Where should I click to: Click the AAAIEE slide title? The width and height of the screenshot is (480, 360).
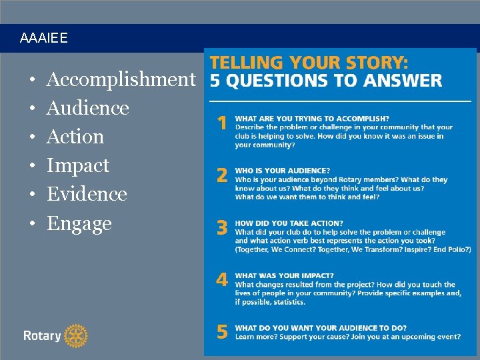click(x=44, y=39)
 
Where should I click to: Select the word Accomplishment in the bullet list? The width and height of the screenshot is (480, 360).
click(x=121, y=80)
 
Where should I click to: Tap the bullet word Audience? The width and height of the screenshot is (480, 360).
click(x=87, y=108)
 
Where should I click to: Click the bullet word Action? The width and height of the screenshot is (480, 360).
click(x=75, y=137)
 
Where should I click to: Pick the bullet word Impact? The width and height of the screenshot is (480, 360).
click(x=77, y=165)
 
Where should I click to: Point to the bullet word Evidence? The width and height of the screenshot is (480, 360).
click(x=87, y=194)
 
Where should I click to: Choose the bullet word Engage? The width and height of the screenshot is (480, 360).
click(x=79, y=223)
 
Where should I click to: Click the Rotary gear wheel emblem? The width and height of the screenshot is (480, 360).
click(x=76, y=336)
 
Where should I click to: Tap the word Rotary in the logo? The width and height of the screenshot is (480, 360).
click(x=42, y=336)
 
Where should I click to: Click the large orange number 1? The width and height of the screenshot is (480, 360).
click(x=222, y=123)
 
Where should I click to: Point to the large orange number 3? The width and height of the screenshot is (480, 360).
click(x=222, y=228)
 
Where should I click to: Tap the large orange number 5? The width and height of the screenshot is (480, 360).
click(x=222, y=331)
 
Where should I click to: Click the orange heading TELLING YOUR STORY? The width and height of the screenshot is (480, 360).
click(x=309, y=63)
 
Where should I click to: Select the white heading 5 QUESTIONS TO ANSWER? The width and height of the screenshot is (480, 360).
click(x=325, y=81)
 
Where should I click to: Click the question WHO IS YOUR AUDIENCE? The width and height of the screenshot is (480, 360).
click(x=283, y=171)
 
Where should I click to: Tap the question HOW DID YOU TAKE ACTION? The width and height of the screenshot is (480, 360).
click(x=289, y=223)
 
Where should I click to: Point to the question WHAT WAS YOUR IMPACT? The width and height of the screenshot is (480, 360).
click(x=285, y=275)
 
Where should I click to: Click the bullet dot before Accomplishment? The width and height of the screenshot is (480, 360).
click(x=33, y=80)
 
